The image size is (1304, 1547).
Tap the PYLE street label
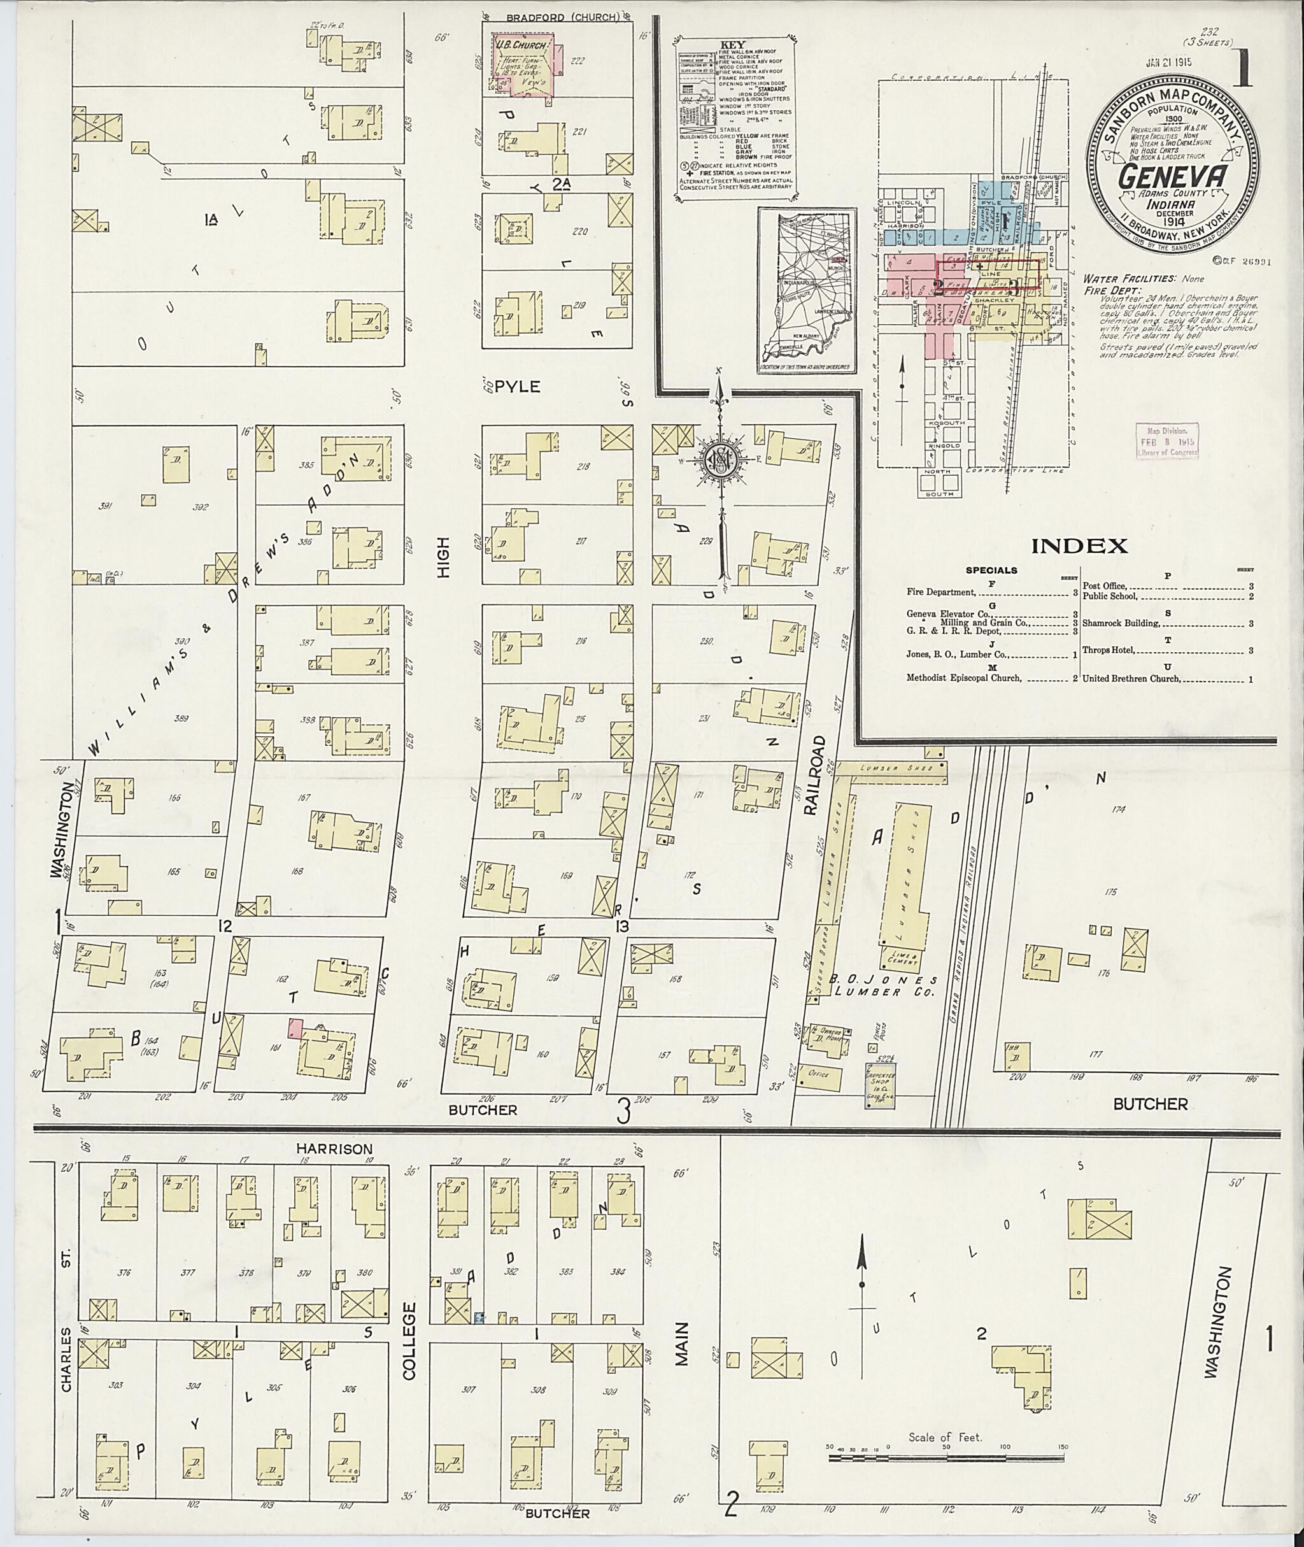pos(518,386)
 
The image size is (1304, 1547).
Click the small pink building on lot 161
pos(295,1027)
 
